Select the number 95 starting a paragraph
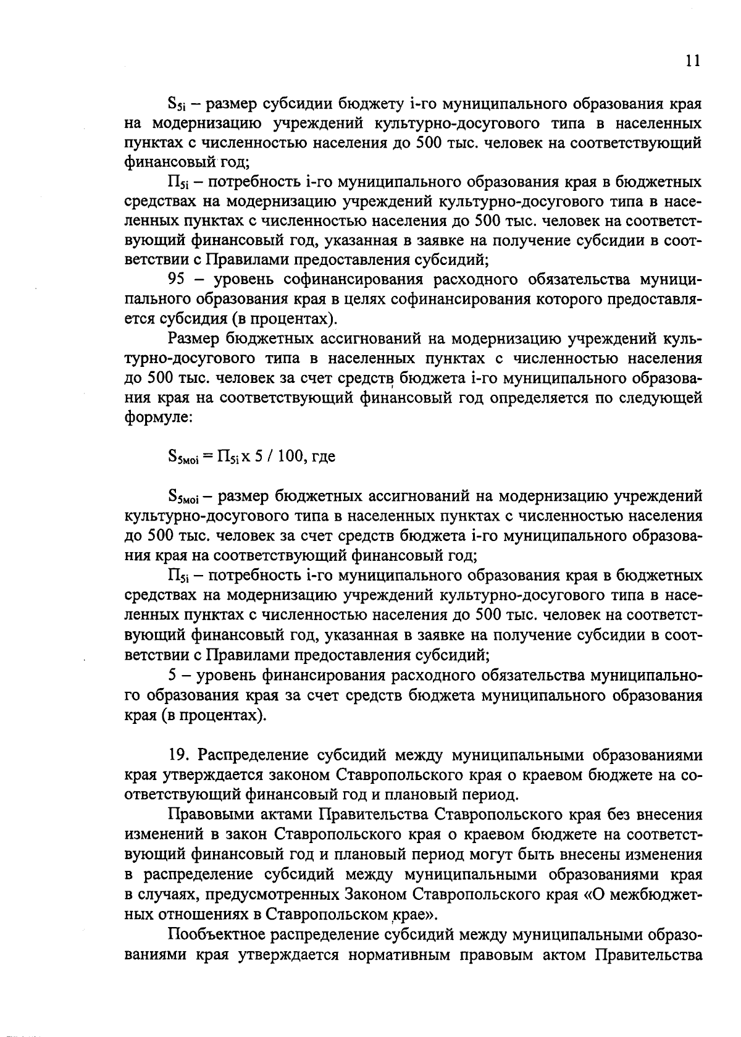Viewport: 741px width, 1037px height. [177, 279]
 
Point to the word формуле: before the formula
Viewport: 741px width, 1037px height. [159, 418]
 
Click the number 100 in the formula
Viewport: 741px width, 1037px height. [290, 456]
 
